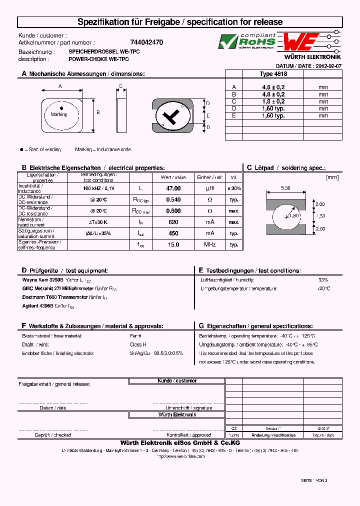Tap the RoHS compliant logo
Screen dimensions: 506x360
tap(247, 41)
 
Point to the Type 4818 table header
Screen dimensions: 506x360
tap(273, 73)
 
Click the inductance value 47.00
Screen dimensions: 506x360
tap(173, 188)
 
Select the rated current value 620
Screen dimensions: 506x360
tap(173, 222)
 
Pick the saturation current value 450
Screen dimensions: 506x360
tap(173, 233)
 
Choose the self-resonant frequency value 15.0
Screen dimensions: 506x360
tap(173, 244)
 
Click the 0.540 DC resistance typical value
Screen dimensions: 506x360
tap(173, 199)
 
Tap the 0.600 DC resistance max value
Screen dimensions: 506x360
tap(173, 211)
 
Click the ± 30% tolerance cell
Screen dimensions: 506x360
tap(233, 188)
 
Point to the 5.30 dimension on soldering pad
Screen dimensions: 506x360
tap(285, 188)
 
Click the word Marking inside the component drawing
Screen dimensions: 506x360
tap(59, 114)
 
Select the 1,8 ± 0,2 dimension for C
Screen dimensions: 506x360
tap(273, 101)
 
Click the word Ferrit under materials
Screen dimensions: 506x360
tap(135, 336)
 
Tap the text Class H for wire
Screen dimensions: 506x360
tap(137, 344)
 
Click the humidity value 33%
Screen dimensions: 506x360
tap(323, 280)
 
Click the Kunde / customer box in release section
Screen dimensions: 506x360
tap(177, 381)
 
